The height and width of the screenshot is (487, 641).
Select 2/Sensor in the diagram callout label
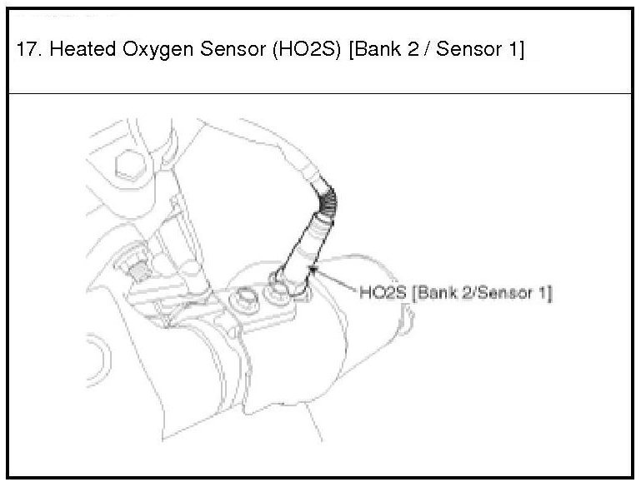497,293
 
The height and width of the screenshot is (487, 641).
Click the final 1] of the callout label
546,293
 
